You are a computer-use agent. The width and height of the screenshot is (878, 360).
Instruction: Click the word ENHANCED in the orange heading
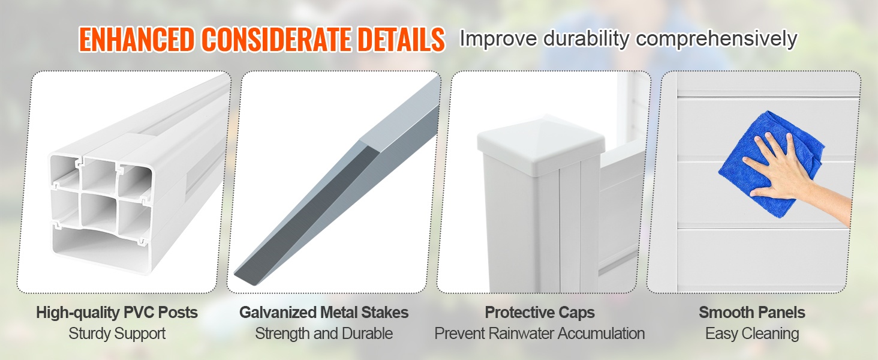(136, 40)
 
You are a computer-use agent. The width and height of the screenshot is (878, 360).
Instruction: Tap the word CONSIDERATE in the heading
(276, 40)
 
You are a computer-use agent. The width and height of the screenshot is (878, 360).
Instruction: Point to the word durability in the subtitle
(586, 39)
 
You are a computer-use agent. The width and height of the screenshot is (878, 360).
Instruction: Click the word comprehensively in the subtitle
(717, 40)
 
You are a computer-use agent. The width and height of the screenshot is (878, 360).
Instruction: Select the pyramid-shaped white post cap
(541, 145)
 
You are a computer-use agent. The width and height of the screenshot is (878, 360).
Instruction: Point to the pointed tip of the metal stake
(236, 275)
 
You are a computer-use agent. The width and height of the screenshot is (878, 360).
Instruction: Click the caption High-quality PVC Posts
(117, 313)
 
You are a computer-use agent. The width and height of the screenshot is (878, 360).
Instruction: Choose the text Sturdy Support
(117, 334)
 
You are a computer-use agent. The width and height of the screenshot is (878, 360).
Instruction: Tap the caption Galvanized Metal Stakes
(324, 313)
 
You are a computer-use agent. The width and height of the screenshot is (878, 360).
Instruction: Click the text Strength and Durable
(324, 334)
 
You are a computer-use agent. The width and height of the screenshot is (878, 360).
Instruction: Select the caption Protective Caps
(540, 313)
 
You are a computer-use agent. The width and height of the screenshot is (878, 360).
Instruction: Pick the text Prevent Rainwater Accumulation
(540, 334)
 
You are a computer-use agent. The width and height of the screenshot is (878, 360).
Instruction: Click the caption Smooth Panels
(752, 313)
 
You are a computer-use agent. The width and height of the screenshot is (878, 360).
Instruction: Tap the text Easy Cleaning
(752, 334)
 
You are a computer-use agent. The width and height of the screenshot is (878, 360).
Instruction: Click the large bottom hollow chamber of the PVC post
(98, 245)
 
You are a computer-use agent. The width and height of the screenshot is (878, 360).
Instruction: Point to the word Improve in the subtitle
(498, 40)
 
